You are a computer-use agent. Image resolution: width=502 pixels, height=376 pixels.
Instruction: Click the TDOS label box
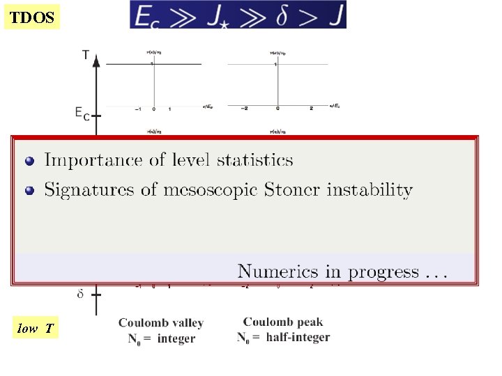pos(32,17)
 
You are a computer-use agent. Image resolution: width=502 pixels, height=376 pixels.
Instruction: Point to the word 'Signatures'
pos(86,189)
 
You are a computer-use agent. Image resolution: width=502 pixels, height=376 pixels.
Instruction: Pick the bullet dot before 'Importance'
pos(29,161)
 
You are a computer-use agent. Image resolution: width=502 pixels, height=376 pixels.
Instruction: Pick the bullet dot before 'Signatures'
pos(29,190)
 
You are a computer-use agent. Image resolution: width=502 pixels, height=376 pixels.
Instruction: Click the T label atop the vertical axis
pos(85,55)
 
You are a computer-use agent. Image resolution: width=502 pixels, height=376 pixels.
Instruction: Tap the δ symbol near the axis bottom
pos(81,294)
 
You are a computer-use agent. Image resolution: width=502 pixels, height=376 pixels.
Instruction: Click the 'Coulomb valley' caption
pos(161,323)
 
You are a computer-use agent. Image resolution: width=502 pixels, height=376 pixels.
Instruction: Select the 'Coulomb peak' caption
pos(283,322)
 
